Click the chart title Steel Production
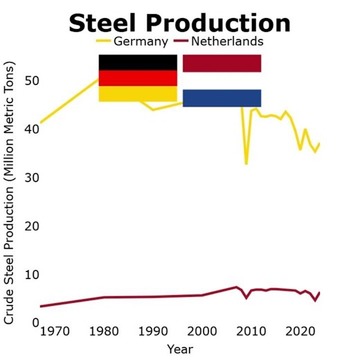pos(179,23)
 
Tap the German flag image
pos(138,78)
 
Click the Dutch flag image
pos(222,81)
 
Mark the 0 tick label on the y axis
pos(33,323)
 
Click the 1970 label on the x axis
pos(55,331)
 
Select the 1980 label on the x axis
pos(104,331)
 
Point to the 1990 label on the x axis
pos(153,331)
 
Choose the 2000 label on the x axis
pos(202,331)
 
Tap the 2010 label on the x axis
pos(251,331)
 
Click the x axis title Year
pos(179,349)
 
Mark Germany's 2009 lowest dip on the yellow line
pos(246,163)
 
